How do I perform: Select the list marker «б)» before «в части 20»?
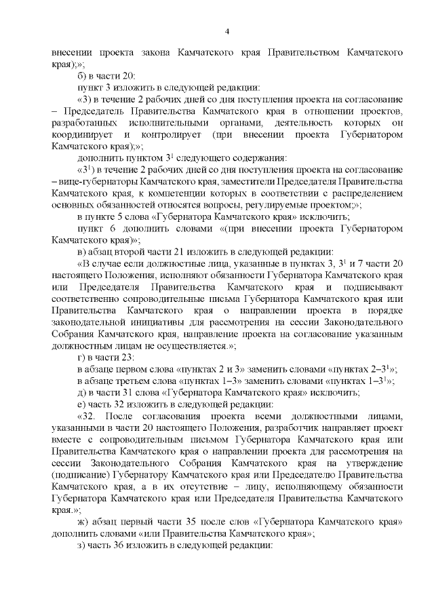point(83,77)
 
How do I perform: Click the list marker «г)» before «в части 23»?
point(82,357)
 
